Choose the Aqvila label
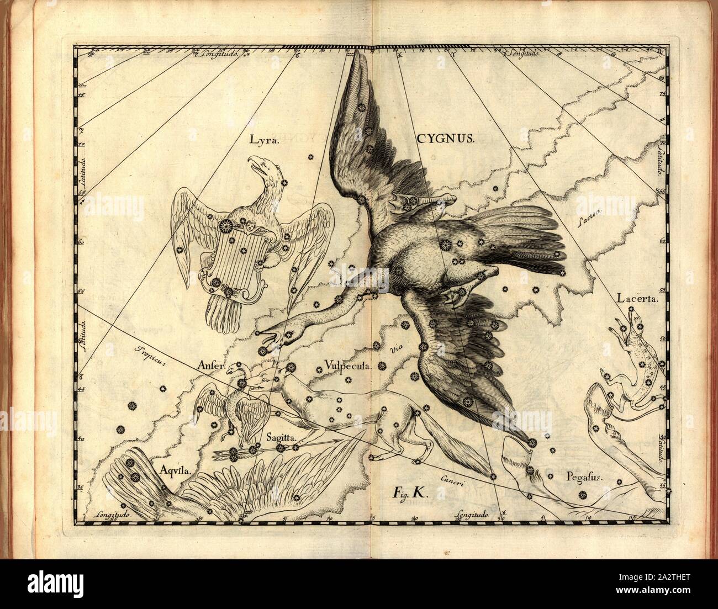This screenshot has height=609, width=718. [x=175, y=470]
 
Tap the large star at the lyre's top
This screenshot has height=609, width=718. [x=225, y=226]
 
